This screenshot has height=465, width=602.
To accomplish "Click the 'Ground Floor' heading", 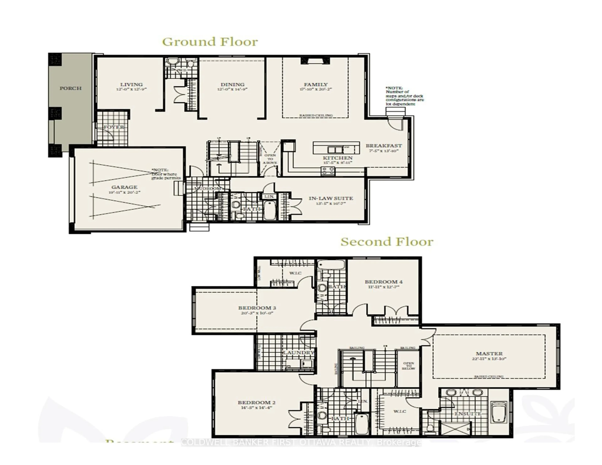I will pyautogui.click(x=210, y=42).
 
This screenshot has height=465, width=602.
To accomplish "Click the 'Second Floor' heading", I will pyautogui.click(x=387, y=242).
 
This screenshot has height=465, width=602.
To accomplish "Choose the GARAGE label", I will pyautogui.click(x=124, y=187).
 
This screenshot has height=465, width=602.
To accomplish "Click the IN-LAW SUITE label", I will pyautogui.click(x=331, y=198).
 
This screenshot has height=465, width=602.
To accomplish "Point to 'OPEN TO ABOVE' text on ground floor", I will pyautogui.click(x=270, y=159).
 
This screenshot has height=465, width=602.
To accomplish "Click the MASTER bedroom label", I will pyautogui.click(x=489, y=354).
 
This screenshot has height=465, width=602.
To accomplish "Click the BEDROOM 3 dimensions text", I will pyautogui.click(x=257, y=313).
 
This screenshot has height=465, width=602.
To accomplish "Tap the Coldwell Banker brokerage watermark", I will pyautogui.click(x=301, y=442).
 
